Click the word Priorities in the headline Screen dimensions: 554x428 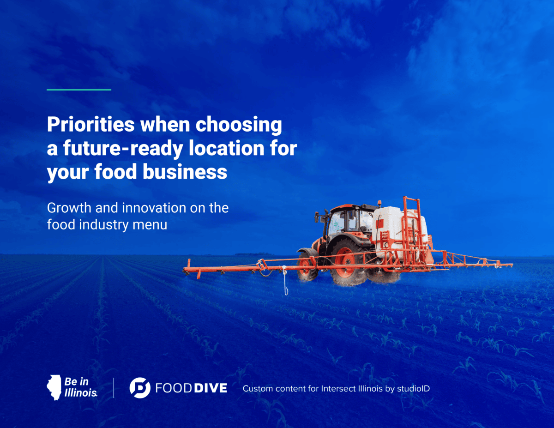click(x=90, y=124)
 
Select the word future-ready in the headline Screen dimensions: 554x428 click(x=123, y=149)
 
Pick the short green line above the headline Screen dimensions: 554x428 click(x=79, y=90)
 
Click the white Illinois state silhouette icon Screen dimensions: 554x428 click(x=54, y=387)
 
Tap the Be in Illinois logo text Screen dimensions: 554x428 click(x=81, y=387)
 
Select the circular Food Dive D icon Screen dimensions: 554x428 click(x=140, y=388)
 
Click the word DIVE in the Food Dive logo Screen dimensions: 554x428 click(x=211, y=388)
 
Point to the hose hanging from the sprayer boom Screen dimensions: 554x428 click(x=285, y=280)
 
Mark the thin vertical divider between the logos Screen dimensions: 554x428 click(x=114, y=388)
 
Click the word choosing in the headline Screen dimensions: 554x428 click(x=239, y=125)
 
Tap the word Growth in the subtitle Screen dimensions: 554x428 click(x=69, y=208)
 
